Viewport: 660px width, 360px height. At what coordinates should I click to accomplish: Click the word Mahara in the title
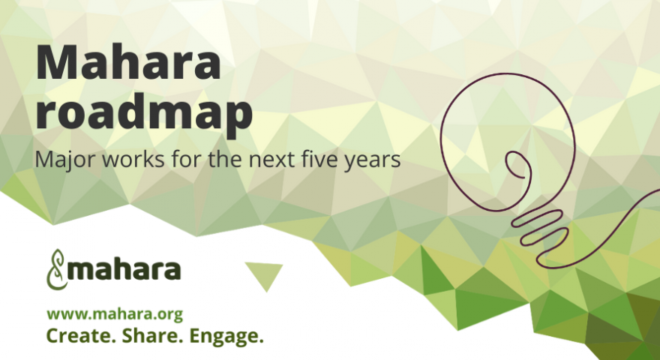[128, 63]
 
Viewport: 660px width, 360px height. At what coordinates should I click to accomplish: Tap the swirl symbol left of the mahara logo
[56, 269]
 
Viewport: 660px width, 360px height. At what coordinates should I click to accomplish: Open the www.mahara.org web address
[115, 314]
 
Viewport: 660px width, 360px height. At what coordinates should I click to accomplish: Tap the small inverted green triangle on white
[264, 274]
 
